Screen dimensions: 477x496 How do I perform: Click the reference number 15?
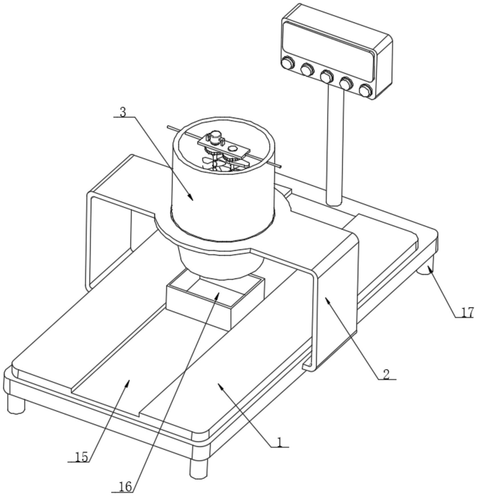click(x=82, y=457)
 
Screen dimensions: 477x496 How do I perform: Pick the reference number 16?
click(x=125, y=487)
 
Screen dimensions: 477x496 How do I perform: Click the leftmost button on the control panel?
click(x=288, y=63)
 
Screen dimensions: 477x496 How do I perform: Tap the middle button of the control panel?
click(x=327, y=76)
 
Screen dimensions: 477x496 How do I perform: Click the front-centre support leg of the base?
click(x=199, y=468)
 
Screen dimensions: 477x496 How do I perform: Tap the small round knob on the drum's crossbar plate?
click(x=233, y=148)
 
